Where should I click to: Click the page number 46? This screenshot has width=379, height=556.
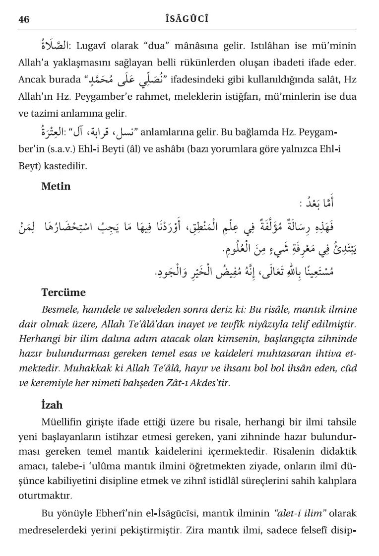click(24, 19)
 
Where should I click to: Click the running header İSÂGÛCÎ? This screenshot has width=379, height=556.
click(189, 19)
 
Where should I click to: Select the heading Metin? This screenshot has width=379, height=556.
click(56, 187)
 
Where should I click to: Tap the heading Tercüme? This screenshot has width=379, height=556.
click(63, 292)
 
